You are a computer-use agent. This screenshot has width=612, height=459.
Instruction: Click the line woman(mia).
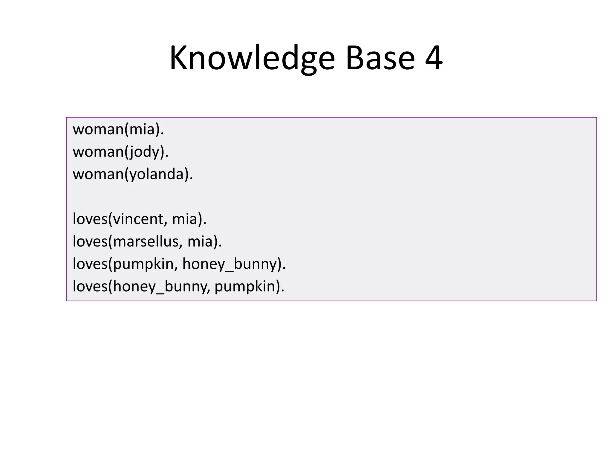118,129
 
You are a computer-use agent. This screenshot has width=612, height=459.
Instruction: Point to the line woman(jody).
121,152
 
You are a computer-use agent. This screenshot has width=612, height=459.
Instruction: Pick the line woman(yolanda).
133,174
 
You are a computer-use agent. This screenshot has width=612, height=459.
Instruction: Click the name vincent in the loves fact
138,219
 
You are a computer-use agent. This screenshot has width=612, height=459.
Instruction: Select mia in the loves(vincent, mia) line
185,219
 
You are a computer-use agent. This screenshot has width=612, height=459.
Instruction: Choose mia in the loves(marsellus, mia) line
200,241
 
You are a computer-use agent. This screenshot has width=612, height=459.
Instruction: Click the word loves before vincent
90,219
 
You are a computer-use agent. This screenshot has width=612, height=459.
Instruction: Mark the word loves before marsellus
90,241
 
